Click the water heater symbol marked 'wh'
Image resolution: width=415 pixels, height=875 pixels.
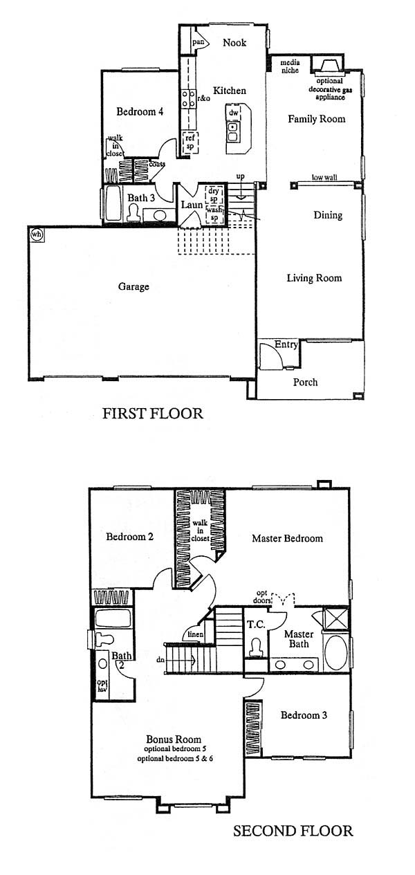click(37, 234)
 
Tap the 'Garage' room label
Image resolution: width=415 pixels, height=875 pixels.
click(133, 287)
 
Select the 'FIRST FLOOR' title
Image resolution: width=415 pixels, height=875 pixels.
click(153, 413)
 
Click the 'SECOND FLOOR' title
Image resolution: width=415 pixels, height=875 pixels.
click(293, 831)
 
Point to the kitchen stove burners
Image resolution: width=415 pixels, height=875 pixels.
click(188, 98)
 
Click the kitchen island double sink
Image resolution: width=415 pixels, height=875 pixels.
click(233, 131)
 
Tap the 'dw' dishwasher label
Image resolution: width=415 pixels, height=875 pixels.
click(234, 113)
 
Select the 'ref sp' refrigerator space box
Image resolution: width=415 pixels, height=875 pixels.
click(190, 142)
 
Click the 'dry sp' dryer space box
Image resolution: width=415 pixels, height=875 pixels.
click(214, 195)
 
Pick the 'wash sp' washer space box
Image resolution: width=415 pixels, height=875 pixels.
click(214, 214)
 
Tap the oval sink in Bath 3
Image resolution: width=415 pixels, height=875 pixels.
click(160, 215)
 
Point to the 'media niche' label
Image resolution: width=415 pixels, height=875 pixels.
click(290, 66)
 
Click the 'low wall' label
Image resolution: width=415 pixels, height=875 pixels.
click(324, 177)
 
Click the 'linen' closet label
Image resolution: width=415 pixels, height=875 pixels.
click(196, 634)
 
